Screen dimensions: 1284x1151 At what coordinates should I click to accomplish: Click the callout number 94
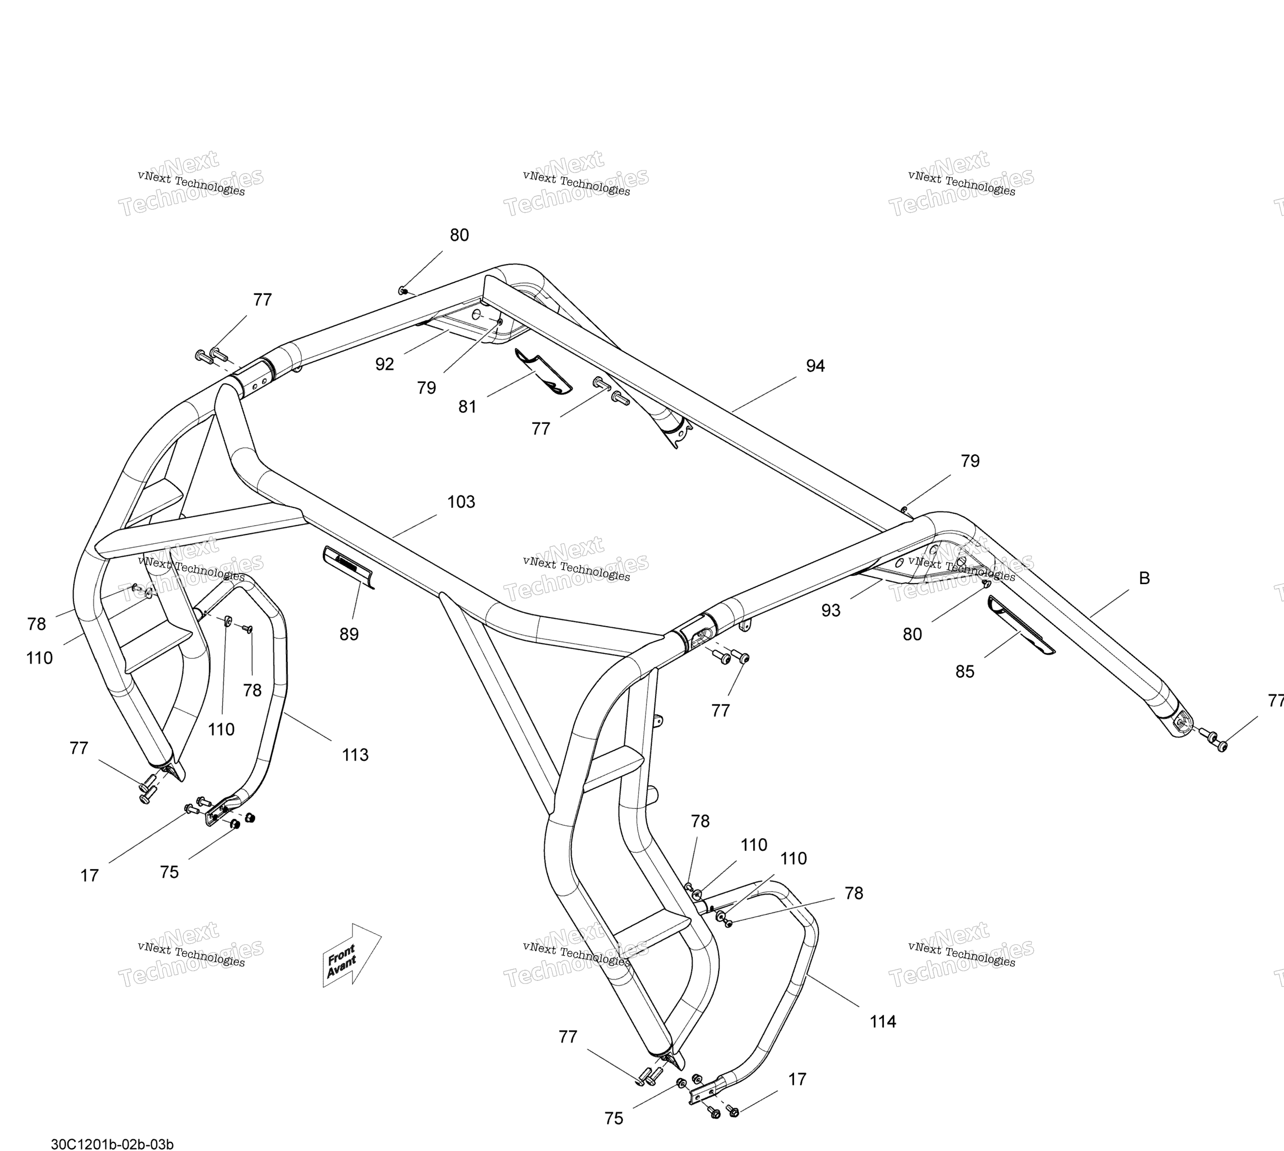tap(815, 366)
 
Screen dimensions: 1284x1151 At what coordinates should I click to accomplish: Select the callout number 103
tap(461, 502)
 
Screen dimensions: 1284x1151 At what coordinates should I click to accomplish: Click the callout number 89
tap(349, 634)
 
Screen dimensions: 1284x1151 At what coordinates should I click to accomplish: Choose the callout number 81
tap(467, 407)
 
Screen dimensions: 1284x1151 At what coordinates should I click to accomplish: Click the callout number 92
tap(385, 364)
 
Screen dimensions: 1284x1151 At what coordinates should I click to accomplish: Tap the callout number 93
tap(831, 611)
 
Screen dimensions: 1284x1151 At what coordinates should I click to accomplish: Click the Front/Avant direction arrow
tap(352, 955)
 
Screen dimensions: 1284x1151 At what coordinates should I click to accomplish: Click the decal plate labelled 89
tap(348, 568)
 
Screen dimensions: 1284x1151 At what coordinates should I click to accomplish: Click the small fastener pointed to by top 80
tap(402, 290)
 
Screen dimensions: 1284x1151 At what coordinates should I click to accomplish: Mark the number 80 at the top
tap(459, 235)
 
